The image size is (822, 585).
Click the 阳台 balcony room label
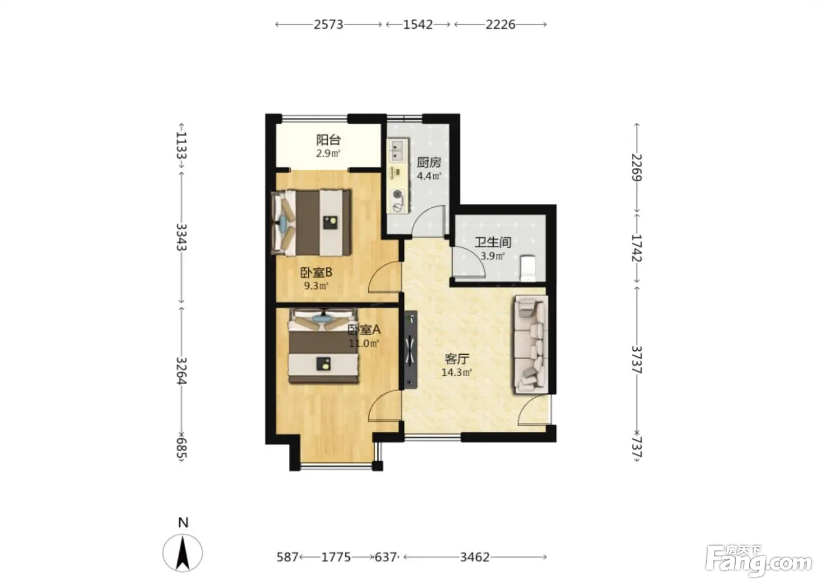click(x=328, y=140)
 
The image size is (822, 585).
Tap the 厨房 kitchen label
click(x=429, y=162)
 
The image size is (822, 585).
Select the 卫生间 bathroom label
click(x=493, y=242)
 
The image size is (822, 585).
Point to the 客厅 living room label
click(x=457, y=358)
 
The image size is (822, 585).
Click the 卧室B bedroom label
click(x=316, y=273)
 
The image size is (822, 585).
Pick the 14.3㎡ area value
click(x=457, y=372)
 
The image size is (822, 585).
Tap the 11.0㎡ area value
click(x=363, y=344)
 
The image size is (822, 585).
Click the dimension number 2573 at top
click(x=328, y=25)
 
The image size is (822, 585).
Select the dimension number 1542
click(x=418, y=25)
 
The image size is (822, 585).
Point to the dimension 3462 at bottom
click(x=475, y=557)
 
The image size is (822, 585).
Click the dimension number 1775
click(x=336, y=557)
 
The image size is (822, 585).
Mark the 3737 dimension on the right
click(x=636, y=359)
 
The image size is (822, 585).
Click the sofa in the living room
click(x=531, y=344)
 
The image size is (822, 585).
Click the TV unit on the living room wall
click(x=410, y=349)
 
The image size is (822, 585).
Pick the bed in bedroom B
click(x=311, y=223)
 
